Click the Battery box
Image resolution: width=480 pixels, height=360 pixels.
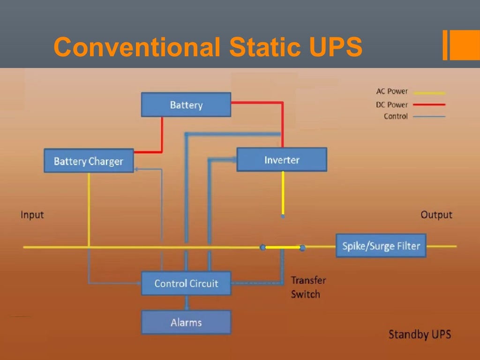[x=186, y=105]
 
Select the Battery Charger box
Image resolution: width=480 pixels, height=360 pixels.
[x=89, y=161]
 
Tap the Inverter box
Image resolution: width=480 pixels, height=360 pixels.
[x=281, y=160]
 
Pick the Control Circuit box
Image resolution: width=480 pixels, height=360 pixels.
[x=186, y=283]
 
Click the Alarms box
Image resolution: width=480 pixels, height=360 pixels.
[x=186, y=322]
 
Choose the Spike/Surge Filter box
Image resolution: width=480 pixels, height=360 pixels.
[x=381, y=246]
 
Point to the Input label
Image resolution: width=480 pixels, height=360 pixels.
[x=32, y=215]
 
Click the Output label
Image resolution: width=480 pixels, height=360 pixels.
[x=436, y=215]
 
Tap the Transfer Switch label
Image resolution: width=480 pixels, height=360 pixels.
[x=308, y=287]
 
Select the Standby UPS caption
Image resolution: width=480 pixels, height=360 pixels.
[x=420, y=334]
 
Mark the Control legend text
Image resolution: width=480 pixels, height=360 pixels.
[x=396, y=116]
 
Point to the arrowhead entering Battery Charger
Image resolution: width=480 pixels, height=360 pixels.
[x=136, y=169]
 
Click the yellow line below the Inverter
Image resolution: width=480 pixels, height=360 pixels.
[x=282, y=192]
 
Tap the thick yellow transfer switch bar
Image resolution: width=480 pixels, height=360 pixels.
[x=283, y=247]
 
